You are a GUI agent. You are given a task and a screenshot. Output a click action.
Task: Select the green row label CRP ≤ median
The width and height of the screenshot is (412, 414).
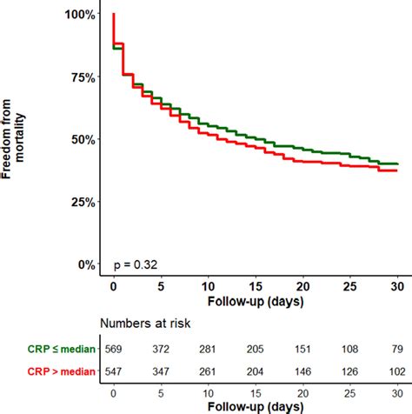[50, 350]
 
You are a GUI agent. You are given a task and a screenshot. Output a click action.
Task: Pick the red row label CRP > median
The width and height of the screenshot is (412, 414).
[50, 371]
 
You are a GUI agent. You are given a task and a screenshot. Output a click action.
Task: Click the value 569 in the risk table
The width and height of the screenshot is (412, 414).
[114, 350]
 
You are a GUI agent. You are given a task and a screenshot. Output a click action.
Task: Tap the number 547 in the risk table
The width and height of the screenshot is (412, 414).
[114, 371]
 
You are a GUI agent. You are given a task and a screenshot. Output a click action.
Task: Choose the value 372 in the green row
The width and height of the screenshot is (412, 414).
[161, 350]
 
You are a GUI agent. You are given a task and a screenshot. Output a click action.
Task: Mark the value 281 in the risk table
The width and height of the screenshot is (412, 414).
[209, 350]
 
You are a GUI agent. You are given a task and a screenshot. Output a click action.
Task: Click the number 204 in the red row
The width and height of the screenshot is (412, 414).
[256, 371]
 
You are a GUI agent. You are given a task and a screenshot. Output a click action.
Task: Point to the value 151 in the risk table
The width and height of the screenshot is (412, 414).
[303, 350]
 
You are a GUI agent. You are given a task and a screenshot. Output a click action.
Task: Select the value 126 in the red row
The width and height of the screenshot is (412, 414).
[350, 371]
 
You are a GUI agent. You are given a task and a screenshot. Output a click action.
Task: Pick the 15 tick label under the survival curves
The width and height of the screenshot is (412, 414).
[256, 285]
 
